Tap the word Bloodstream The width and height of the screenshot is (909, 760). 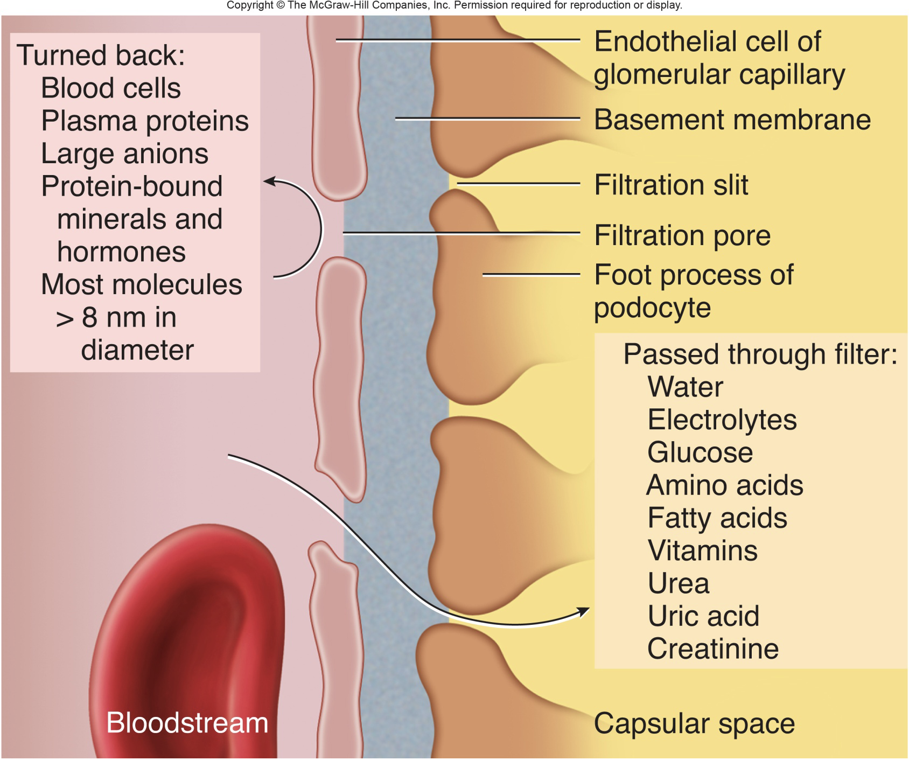pyautogui.click(x=187, y=723)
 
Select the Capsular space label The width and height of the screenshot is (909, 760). pyautogui.click(x=694, y=723)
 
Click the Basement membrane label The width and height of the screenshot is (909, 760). pyautogui.click(x=732, y=120)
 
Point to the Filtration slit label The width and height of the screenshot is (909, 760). pyautogui.click(x=670, y=185)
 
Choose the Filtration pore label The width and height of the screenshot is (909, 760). pyautogui.click(x=682, y=235)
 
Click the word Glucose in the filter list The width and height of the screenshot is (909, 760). pyautogui.click(x=700, y=452)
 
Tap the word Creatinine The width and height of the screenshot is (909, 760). pyautogui.click(x=712, y=649)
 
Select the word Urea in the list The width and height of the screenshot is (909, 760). pyautogui.click(x=678, y=583)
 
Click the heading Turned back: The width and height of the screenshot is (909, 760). pyautogui.click(x=101, y=55)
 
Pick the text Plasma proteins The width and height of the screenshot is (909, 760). pyautogui.click(x=144, y=121)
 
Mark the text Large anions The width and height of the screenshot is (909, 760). pyautogui.click(x=124, y=154)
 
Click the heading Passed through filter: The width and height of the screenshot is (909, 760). pyautogui.click(x=760, y=354)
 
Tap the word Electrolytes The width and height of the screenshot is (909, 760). pyautogui.click(x=722, y=420)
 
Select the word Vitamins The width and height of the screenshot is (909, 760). pyautogui.click(x=702, y=550)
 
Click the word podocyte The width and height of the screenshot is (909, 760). pyautogui.click(x=652, y=308)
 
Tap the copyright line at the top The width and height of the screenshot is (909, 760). pyautogui.click(x=454, y=5)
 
